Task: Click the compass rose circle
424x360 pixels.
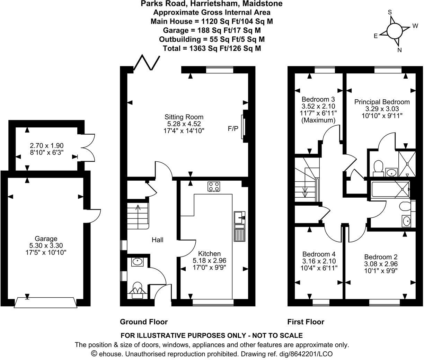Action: click(x=394, y=31)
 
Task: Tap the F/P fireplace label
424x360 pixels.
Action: click(x=233, y=129)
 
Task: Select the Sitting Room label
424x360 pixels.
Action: click(x=184, y=117)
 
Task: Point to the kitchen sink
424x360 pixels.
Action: click(x=240, y=218)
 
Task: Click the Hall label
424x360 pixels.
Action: click(x=157, y=240)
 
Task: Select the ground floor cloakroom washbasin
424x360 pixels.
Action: click(x=136, y=262)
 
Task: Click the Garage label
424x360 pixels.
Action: click(x=46, y=238)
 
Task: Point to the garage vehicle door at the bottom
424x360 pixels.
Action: click(x=45, y=303)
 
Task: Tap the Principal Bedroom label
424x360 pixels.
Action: click(x=382, y=102)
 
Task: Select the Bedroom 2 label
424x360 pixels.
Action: click(x=381, y=257)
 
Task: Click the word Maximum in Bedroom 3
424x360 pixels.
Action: click(x=318, y=120)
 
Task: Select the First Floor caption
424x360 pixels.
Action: click(x=306, y=322)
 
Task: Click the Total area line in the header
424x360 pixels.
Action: click(x=212, y=48)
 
